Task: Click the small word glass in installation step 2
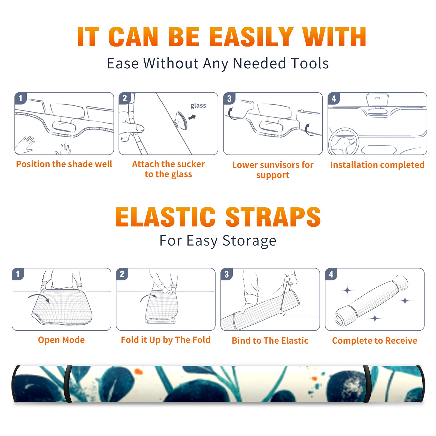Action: [x=198, y=106]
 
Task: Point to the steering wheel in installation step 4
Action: [x=344, y=142]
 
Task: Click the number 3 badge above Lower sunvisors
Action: [x=229, y=99]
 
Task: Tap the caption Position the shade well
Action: [x=64, y=164]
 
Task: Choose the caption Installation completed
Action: [x=377, y=165]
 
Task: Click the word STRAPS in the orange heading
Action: [x=273, y=217]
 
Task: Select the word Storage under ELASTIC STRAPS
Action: [x=249, y=241]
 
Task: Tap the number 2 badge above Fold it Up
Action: [x=122, y=274]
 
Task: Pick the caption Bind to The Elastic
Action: [x=270, y=341]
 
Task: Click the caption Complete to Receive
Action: [x=375, y=341]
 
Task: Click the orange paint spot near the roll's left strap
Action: [x=138, y=371]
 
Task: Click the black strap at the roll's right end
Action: [x=367, y=384]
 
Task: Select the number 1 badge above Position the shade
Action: [x=21, y=98]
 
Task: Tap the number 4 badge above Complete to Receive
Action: [x=331, y=274]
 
